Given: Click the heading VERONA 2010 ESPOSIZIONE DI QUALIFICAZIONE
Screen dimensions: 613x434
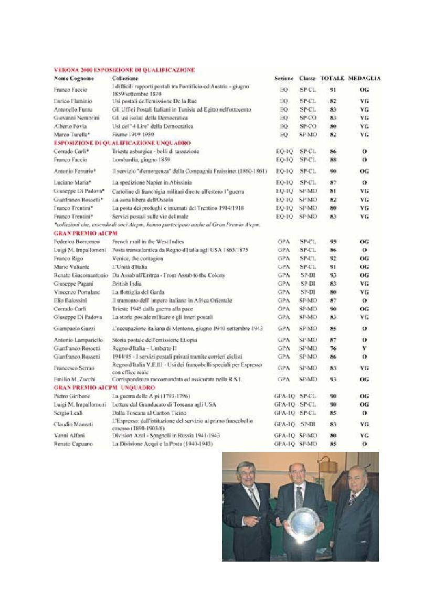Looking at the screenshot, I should [x=124, y=69].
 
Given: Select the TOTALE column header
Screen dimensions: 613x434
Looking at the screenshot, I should [x=332, y=78].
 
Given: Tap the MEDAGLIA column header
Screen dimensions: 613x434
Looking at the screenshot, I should [x=364, y=78].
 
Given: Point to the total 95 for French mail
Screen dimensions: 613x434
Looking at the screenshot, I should [x=333, y=242].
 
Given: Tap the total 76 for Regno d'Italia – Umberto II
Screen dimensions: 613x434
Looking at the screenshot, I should [x=333, y=348].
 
